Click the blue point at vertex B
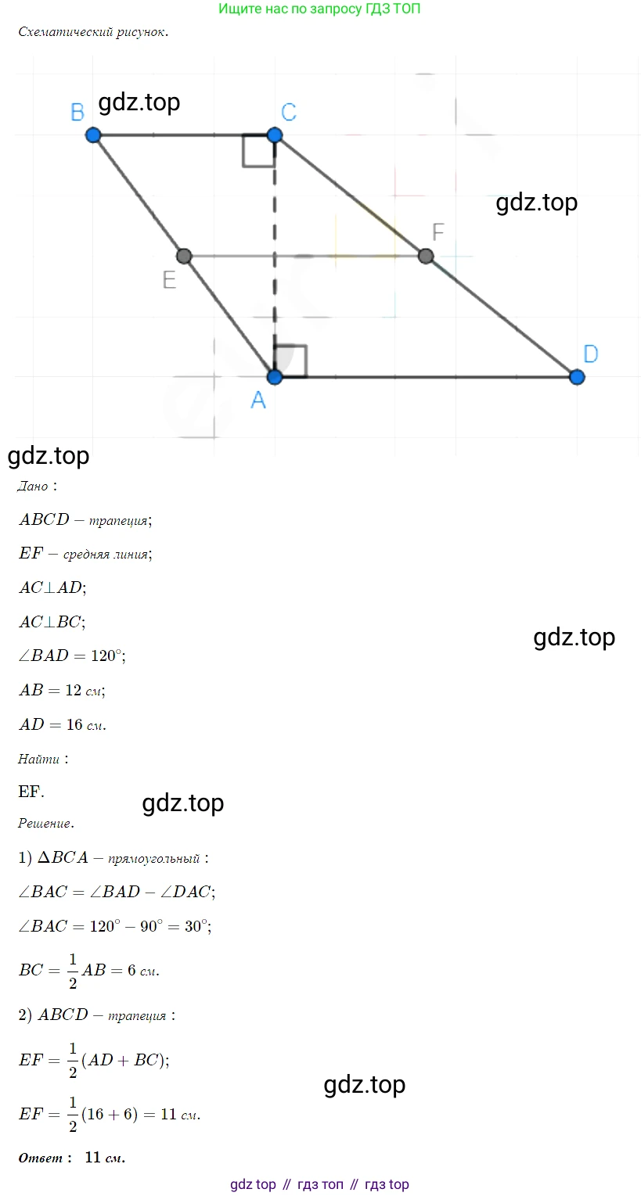pyautogui.click(x=93, y=135)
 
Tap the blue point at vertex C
pyautogui.click(x=275, y=135)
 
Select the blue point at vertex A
pyautogui.click(x=275, y=377)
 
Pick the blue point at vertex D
pyautogui.click(x=577, y=377)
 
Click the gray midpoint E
pyautogui.click(x=184, y=257)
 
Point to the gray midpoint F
pyautogui.click(x=426, y=257)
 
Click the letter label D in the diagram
pyautogui.click(x=591, y=354)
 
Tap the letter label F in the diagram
pyautogui.click(x=438, y=232)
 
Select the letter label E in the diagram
pyautogui.click(x=169, y=280)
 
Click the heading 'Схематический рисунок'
pyautogui.click(x=93, y=32)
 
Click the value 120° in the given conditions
pyautogui.click(x=106, y=655)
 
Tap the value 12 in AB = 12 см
pyautogui.click(x=74, y=690)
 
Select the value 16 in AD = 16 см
pyautogui.click(x=74, y=724)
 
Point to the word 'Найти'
pyautogui.click(x=38, y=759)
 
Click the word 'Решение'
pyautogui.click(x=45, y=824)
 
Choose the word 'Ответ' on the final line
pyautogui.click(x=41, y=1158)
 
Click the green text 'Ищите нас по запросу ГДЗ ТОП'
pyautogui.click(x=319, y=9)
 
